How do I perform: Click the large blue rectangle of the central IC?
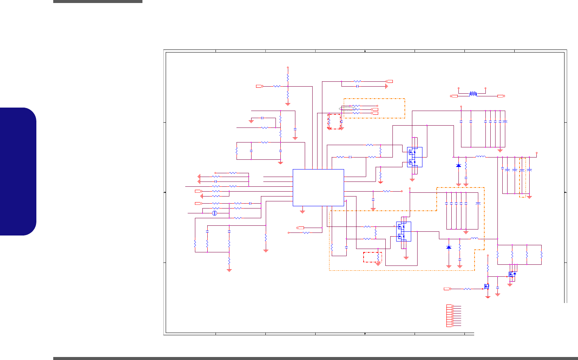pos(318,187)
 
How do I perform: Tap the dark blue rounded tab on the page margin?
pos(18,171)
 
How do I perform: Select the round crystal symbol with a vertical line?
pos(215,213)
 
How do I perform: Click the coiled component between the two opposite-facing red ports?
pos(473,94)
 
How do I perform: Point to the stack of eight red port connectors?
pos(450,316)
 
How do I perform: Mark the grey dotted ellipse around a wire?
pos(346,109)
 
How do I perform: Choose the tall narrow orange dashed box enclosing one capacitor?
pos(523,177)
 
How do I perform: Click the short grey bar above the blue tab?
pos(97,1)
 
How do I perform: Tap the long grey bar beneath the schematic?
pos(315,358)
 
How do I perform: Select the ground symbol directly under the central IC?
pos(302,211)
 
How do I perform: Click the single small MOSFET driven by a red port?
pos(487,286)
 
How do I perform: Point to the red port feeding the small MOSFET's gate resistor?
pos(447,289)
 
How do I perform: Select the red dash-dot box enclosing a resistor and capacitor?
pos(335,121)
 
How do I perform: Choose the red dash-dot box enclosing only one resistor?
pos(373,257)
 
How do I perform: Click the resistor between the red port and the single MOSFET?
pos(467,289)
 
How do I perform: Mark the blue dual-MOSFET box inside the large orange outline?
pos(404,231)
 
